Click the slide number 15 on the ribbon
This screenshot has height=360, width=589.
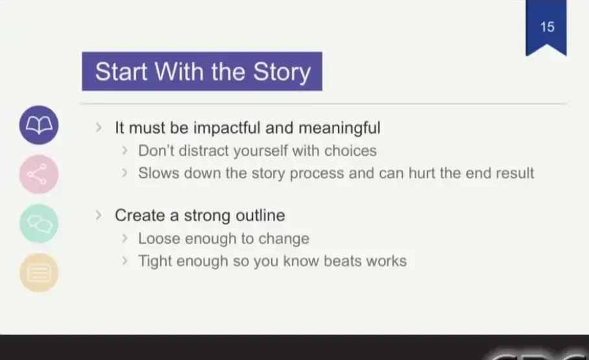[547, 27]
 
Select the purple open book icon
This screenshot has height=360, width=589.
[39, 125]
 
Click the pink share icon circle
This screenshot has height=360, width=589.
[39, 174]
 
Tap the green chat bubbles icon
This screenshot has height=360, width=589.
[39, 224]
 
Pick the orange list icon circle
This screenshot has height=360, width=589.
[39, 273]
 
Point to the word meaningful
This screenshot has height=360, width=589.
[339, 128]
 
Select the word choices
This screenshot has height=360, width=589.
[350, 150]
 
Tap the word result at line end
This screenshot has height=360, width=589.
[514, 173]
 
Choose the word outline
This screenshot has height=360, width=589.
[260, 215]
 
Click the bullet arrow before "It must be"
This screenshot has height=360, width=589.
[99, 128]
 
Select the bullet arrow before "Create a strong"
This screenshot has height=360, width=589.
[99, 215]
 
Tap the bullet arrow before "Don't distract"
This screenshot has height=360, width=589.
[125, 150]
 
